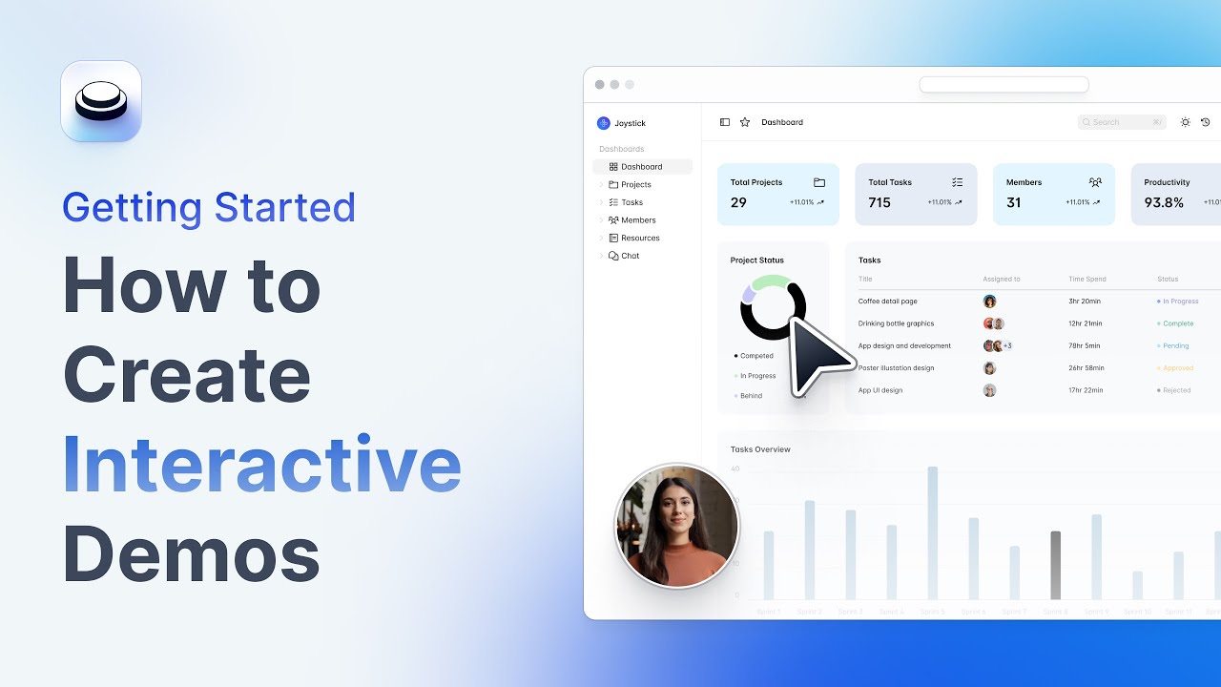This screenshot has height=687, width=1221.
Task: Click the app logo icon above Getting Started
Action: [101, 101]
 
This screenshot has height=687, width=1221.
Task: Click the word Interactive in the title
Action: [261, 464]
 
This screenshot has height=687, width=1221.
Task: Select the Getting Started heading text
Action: [209, 208]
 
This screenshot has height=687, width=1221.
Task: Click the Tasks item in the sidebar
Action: [631, 202]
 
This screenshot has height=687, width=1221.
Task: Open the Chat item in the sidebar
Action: [630, 256]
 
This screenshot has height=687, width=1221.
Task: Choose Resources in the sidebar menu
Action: [640, 238]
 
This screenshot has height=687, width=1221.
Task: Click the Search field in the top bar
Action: [1121, 122]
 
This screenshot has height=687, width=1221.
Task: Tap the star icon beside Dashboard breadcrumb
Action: [745, 122]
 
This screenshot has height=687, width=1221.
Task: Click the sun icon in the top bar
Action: [1185, 122]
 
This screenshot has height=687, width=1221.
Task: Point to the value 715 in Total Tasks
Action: [880, 202]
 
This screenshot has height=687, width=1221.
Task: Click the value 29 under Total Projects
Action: [738, 202]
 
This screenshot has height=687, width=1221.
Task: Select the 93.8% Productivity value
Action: [1164, 202]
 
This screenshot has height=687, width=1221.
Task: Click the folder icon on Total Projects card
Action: [819, 182]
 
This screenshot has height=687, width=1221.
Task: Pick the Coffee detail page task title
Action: [887, 302]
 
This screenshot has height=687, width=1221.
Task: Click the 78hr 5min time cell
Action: [1084, 345]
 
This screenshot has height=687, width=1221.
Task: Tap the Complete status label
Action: [1178, 323]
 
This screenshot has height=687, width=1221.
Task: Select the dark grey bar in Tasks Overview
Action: [1055, 565]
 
